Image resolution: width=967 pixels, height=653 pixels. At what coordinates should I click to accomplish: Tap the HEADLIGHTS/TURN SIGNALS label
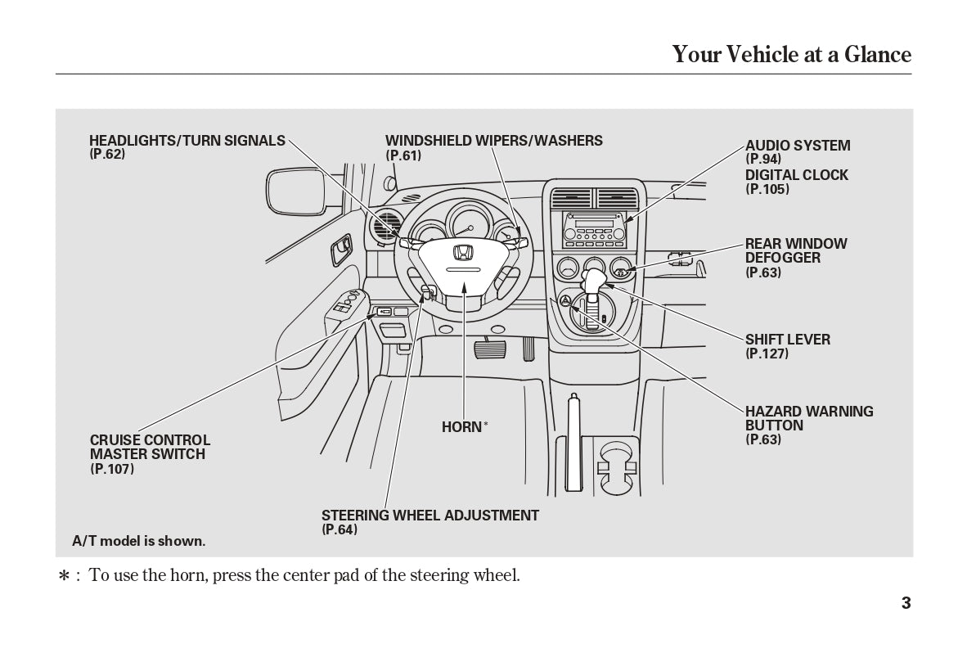click(187, 141)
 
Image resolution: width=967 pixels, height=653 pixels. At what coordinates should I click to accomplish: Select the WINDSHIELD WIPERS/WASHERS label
click(493, 141)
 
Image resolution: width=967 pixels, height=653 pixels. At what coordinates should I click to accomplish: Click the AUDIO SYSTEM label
click(797, 146)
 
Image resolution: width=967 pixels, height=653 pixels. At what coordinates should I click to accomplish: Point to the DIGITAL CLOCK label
click(796, 175)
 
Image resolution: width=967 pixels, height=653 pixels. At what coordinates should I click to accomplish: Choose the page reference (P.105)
click(767, 189)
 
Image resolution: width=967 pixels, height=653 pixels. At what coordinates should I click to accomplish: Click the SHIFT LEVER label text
click(787, 340)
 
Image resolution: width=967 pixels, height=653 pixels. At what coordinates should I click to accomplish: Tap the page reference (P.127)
click(767, 354)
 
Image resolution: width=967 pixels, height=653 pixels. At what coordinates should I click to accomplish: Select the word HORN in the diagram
click(461, 427)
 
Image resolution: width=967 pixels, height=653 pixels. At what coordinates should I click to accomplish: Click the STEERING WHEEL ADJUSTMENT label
click(430, 516)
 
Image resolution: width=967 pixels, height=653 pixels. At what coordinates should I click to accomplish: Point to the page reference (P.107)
click(112, 469)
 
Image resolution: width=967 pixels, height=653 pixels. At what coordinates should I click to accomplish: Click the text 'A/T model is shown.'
click(138, 541)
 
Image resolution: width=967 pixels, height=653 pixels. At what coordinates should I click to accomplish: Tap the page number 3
click(906, 604)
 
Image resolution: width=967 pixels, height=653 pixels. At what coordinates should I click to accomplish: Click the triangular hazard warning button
click(564, 301)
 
